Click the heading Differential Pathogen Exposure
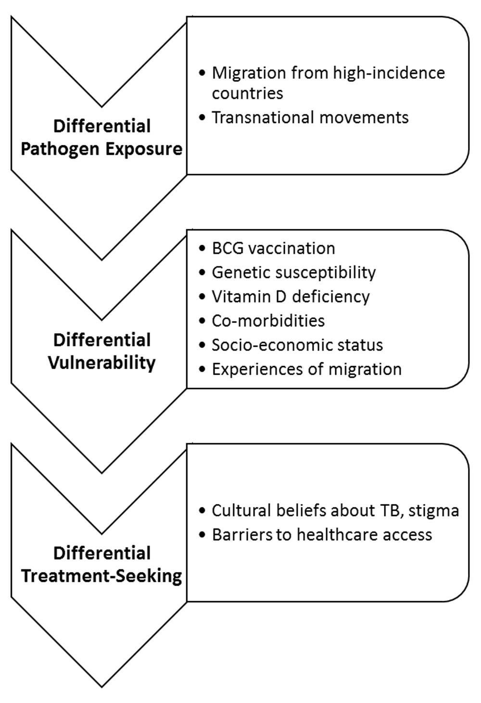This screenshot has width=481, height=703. (102, 138)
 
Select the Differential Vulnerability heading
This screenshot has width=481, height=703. (102, 351)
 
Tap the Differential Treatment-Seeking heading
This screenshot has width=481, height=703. (102, 565)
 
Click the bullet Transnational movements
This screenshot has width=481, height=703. (310, 117)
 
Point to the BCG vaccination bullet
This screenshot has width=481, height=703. (273, 248)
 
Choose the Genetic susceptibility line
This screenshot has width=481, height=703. (293, 272)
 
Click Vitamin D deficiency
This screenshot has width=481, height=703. (291, 296)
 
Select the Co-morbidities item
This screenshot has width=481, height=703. (268, 320)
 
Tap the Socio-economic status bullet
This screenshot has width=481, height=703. (297, 345)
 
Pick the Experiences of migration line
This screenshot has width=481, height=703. (306, 369)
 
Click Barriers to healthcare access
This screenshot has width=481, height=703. (322, 534)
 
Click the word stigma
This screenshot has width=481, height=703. (433, 510)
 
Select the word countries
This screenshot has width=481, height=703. (247, 93)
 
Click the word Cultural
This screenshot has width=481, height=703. (240, 510)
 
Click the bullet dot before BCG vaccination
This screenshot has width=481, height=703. (202, 249)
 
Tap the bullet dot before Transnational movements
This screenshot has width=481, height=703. (202, 118)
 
